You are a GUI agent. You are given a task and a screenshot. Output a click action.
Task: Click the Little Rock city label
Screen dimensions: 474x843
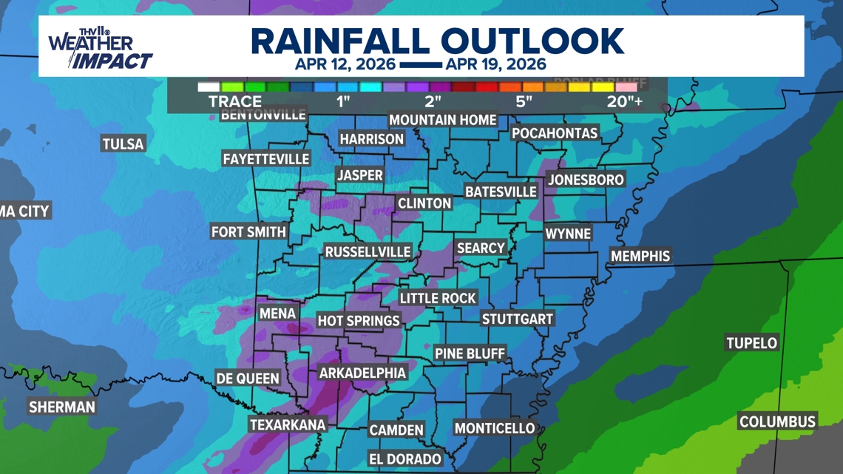(438, 298)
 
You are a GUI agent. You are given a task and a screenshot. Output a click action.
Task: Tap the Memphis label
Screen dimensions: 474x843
(640, 256)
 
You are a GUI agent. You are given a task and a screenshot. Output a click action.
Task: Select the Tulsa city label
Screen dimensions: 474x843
(123, 143)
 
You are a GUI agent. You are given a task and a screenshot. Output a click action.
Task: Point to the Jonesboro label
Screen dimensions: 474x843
(586, 180)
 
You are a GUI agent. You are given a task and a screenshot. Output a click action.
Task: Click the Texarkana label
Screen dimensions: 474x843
(288, 424)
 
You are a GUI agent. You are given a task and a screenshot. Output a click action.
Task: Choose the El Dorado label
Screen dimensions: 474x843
(404, 459)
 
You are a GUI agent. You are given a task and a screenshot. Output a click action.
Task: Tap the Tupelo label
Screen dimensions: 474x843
(751, 343)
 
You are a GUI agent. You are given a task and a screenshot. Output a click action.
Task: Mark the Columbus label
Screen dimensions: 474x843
(777, 421)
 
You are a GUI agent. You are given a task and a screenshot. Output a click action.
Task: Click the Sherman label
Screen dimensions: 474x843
(62, 407)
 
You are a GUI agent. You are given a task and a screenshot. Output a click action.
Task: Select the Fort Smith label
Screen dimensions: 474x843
(248, 232)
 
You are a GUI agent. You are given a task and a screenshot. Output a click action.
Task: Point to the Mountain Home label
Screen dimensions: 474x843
(443, 120)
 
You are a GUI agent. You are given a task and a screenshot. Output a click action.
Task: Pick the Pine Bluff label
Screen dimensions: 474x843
(470, 353)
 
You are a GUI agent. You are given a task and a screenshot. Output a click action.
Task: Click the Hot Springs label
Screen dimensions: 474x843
(359, 321)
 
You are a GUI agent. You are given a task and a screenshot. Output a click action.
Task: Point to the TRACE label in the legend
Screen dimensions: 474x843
(235, 101)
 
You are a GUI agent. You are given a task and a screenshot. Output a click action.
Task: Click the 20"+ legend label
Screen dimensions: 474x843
(625, 101)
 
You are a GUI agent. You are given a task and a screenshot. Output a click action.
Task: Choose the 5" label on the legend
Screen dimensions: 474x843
(524, 101)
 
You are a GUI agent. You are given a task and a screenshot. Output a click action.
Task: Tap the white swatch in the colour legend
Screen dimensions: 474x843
(209, 87)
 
